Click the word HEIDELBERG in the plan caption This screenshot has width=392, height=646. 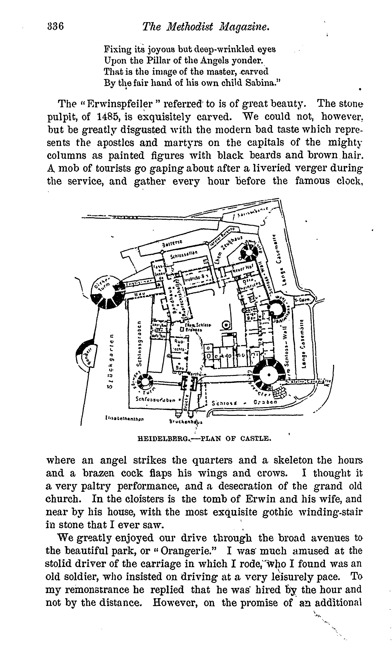click(x=163, y=438)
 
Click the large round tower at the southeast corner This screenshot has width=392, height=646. click(x=269, y=375)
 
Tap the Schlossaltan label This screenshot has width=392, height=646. click(x=183, y=255)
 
